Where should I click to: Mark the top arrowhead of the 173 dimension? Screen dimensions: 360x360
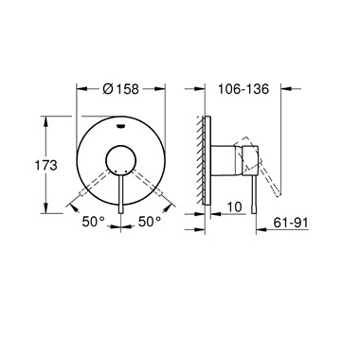pyautogui.click(x=45, y=117)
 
